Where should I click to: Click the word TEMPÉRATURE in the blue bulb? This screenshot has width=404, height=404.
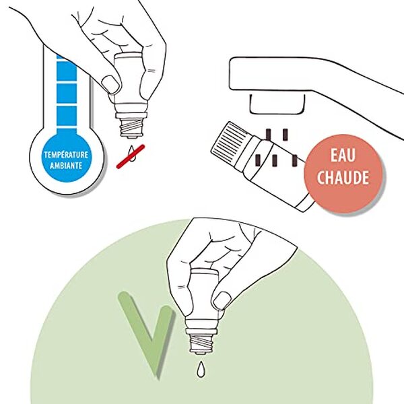[66, 155]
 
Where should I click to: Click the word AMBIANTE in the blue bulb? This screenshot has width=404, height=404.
[66, 166]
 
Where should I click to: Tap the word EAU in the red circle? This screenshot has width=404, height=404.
[343, 156]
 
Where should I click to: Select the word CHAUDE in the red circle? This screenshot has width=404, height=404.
[343, 177]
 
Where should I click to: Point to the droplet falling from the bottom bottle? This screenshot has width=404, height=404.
[201, 369]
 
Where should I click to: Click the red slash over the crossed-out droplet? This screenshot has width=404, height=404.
[131, 156]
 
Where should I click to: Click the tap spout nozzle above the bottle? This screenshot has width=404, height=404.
[277, 104]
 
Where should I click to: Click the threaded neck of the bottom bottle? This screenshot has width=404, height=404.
[203, 343]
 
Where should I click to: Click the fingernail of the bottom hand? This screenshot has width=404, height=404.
[222, 300]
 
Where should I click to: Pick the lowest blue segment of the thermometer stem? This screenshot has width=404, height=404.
[67, 116]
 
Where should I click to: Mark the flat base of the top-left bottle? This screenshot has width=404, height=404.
[128, 56]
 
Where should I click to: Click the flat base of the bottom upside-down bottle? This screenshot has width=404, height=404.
[204, 271]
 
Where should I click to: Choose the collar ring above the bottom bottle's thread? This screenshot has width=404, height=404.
[203, 331]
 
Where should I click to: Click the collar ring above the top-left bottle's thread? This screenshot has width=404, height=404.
[131, 115]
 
